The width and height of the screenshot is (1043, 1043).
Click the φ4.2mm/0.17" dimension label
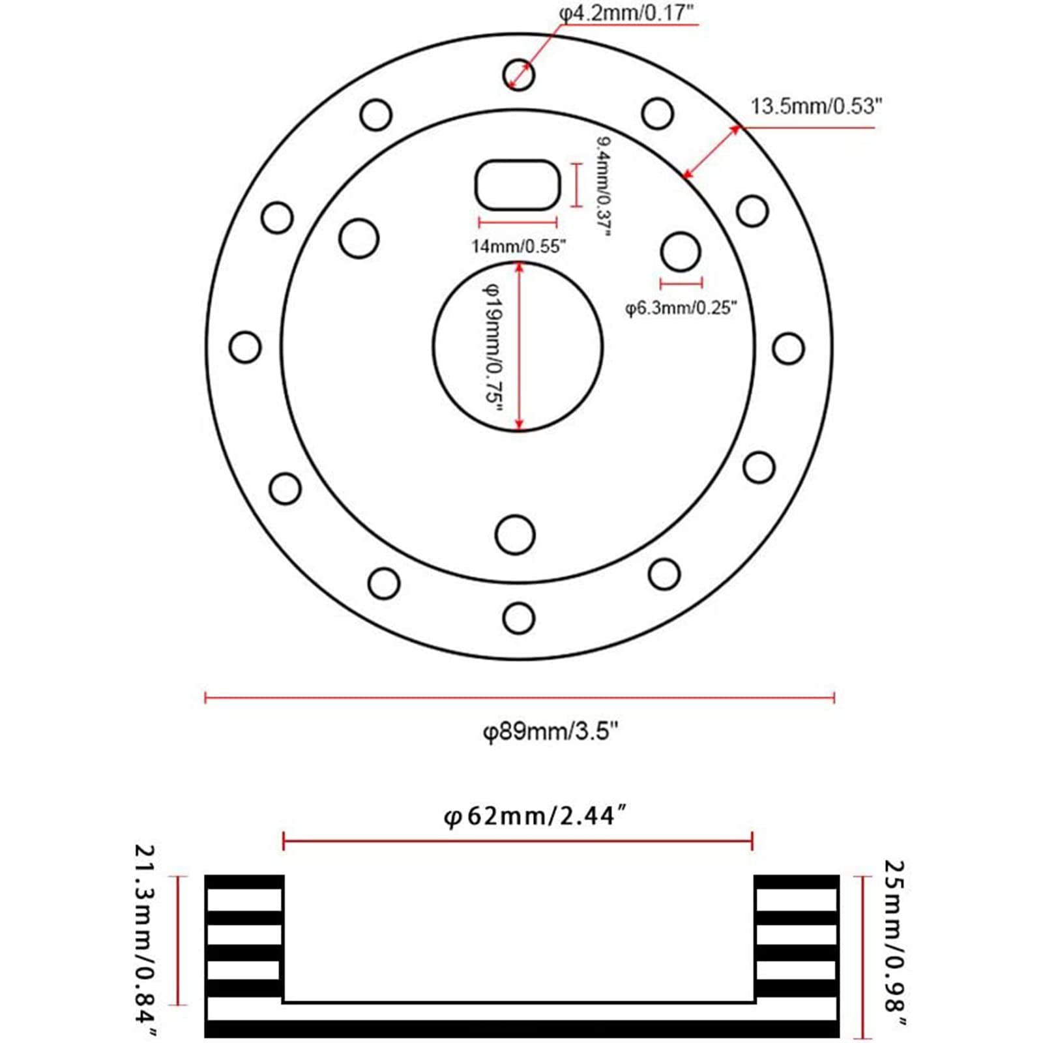pos(628,13)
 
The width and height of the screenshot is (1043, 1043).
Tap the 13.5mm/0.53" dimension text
pos(816,106)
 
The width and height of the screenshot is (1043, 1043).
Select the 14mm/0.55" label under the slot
pos(519,246)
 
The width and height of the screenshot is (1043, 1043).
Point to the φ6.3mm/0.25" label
pos(681,307)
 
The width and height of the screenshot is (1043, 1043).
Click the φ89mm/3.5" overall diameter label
pos(550,731)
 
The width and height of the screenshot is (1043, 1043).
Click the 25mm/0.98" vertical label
pos(894,951)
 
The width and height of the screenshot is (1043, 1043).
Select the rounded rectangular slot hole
pos(518,185)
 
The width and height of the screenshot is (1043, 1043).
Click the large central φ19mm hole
pos(518,346)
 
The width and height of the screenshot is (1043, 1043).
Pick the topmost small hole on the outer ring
pos(519,75)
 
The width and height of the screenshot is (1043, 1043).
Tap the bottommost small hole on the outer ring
pos(519,617)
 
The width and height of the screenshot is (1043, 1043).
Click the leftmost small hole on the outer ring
pos(245,347)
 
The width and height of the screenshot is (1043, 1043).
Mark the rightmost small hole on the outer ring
pos(788,348)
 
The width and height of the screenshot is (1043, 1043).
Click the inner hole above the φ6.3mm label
pos(681,252)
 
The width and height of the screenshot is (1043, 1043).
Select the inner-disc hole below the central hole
pos(515,535)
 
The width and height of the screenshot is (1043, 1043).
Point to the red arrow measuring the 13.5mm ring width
pos(711,151)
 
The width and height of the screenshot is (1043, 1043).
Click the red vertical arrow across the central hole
pos(519,346)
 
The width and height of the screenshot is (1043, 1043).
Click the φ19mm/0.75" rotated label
pos(493,346)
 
